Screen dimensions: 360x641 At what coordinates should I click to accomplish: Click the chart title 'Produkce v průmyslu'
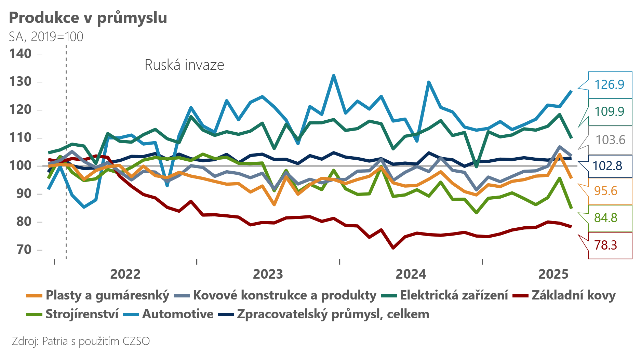point(88,18)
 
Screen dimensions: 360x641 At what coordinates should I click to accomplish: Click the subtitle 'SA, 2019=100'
point(46,37)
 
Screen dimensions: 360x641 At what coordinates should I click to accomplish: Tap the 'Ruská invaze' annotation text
point(184,65)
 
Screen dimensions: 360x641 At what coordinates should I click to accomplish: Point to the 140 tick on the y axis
point(21,54)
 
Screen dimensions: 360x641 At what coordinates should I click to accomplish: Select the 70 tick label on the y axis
point(24,250)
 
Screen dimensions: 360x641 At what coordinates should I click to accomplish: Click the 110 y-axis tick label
point(21,138)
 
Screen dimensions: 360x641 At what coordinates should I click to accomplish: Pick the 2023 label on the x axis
point(268,274)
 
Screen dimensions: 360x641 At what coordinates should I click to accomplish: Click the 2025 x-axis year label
point(553,274)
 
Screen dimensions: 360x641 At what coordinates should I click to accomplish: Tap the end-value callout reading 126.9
point(609,84)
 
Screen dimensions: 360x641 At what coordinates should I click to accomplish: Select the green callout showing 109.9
point(609,111)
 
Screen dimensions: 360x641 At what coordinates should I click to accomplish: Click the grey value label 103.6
point(610,140)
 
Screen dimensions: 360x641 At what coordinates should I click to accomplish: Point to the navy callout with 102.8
point(607,166)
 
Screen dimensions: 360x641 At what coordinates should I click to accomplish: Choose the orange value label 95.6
point(605,191)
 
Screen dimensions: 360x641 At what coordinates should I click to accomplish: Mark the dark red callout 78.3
point(605,245)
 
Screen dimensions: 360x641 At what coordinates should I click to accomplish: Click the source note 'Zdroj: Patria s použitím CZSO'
point(81,341)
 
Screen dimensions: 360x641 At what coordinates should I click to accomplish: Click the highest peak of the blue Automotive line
point(334,76)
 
